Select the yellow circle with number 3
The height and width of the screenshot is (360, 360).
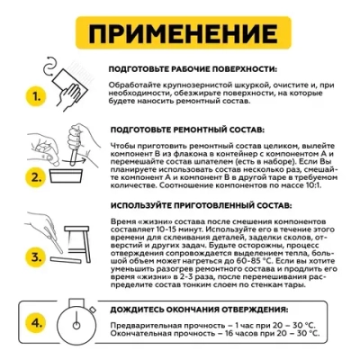click(33, 256)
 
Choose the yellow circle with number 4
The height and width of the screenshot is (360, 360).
click(33, 321)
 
